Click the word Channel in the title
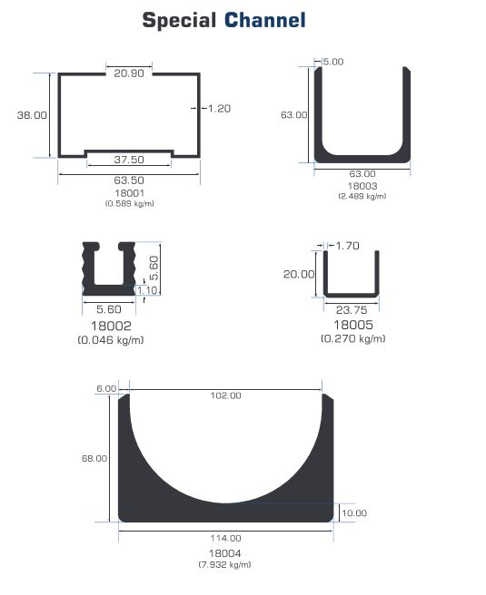coord(265,20)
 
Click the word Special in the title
coord(179,21)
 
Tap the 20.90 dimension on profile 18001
coord(129,73)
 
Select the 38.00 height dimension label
coord(32,115)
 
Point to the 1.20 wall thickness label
coord(219,109)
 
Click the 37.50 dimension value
coord(129,160)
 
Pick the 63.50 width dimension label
coord(129,180)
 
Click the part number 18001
coord(129,193)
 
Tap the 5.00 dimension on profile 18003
coord(332,62)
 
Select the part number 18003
coord(362,186)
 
